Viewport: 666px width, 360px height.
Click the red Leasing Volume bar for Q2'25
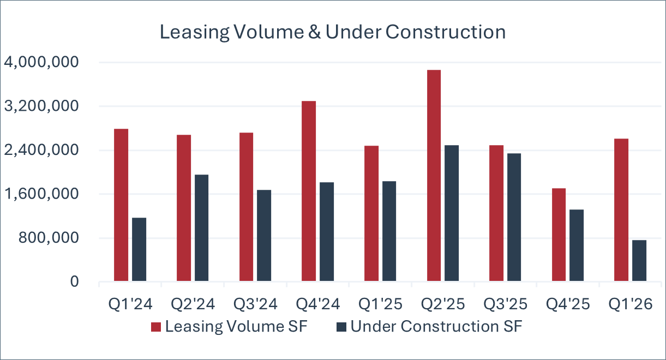pos(434,176)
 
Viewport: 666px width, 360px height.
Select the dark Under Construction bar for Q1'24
pos(139,249)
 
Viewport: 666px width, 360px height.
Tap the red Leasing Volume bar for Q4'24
pos(309,191)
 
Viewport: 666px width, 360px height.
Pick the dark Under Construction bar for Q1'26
pos(639,261)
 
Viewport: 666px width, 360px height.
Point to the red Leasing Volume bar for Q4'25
pos(559,235)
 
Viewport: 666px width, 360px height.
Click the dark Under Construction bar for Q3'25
pos(514,217)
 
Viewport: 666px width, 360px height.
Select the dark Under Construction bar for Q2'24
pos(202,227)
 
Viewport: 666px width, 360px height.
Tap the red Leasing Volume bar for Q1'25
pos(371,213)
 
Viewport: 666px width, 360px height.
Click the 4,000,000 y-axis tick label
pos(41,62)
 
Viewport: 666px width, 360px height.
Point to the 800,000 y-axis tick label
pos(49,237)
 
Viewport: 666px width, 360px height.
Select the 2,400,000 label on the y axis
pos(41,150)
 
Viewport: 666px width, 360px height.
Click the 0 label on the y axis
pos(75,281)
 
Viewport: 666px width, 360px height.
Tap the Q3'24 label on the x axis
pos(255,304)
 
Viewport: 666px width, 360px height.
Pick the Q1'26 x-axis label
pos(631,304)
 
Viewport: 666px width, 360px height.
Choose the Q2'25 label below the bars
pos(443,304)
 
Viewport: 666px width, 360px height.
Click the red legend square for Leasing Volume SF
pos(156,327)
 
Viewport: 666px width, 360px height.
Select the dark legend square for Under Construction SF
pos(341,327)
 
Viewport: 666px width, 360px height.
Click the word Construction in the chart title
pos(446,32)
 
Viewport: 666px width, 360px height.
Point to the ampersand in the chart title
pos(315,32)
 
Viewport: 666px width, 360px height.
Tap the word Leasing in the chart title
pos(194,33)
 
